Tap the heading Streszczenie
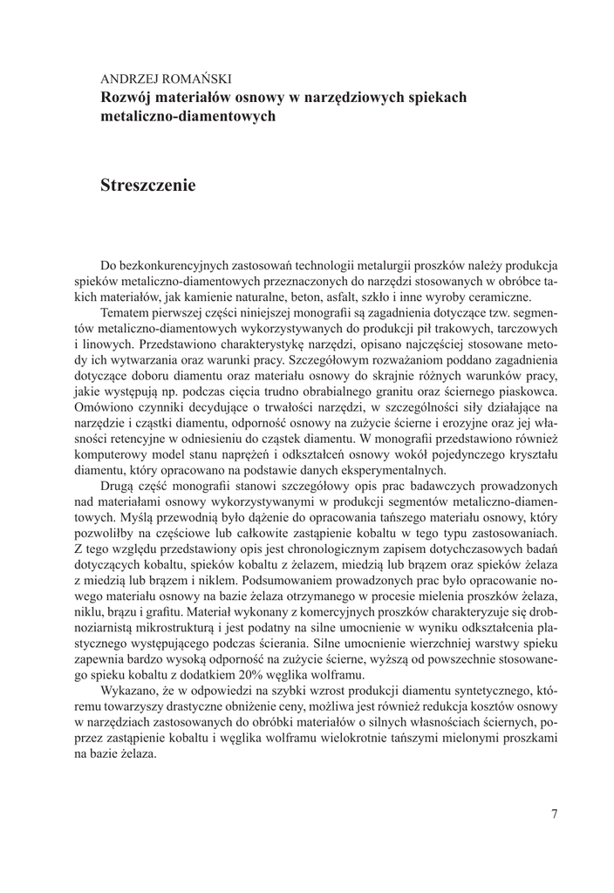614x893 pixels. [147, 185]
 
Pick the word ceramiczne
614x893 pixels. [489, 297]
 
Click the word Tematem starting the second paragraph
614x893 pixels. [129, 312]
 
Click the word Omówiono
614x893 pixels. [129, 406]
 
